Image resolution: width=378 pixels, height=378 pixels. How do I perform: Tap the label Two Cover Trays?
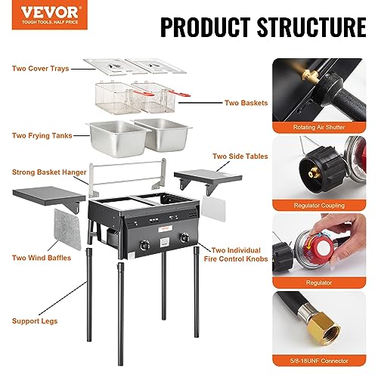(x=40, y=69)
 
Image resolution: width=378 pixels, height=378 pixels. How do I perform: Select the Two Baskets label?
(x=245, y=102)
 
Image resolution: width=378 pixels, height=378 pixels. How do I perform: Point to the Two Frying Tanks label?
(x=42, y=136)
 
